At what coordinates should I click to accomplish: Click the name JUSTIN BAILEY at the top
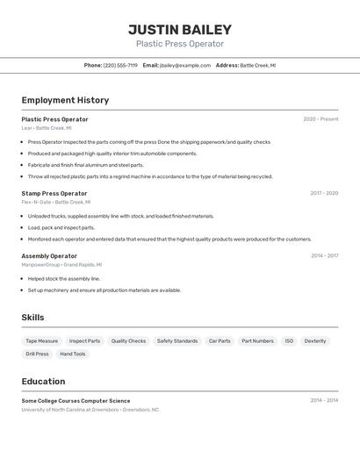tap(180, 29)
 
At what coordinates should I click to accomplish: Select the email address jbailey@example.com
tap(184, 65)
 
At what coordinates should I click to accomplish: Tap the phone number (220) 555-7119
tap(120, 65)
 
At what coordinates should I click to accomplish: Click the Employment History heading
tap(65, 100)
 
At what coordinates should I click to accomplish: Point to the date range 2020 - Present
tap(320, 119)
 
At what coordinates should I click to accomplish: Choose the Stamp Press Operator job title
tap(54, 193)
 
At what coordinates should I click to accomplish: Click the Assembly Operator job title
tap(49, 256)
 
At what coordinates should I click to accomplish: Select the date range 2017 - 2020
tap(324, 193)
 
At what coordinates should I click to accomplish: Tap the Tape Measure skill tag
tap(41, 340)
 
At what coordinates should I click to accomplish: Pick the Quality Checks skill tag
tap(128, 340)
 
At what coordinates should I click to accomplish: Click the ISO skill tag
tap(289, 340)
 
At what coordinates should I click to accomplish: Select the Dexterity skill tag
tap(315, 340)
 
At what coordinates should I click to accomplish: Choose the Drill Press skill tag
tap(37, 354)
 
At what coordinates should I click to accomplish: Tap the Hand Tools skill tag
tap(73, 354)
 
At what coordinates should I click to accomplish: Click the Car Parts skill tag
tap(220, 340)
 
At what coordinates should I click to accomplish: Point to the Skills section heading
tap(32, 318)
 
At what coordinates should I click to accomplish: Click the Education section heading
tap(43, 382)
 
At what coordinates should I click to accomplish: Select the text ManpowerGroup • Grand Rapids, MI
tap(61, 264)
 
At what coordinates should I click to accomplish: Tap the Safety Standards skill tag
tap(177, 340)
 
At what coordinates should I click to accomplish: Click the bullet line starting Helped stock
tap(64, 279)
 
